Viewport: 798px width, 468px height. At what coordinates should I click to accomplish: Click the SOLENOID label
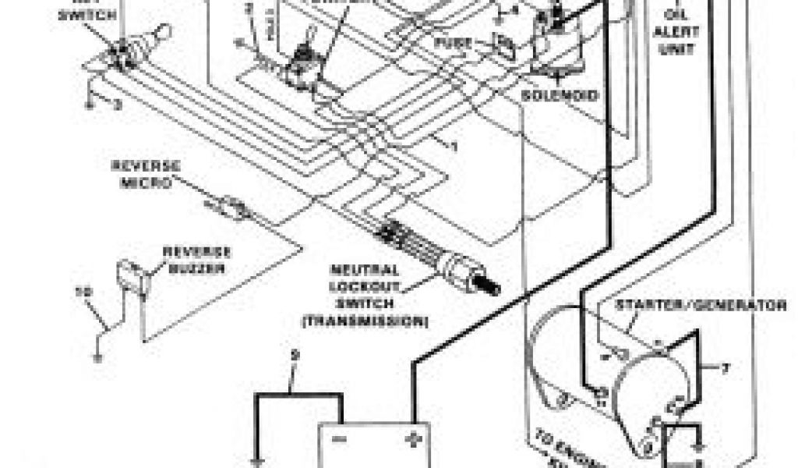click(560, 95)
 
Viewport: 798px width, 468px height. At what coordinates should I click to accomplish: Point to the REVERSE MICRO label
click(147, 173)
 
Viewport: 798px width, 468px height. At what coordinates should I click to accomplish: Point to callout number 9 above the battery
click(294, 356)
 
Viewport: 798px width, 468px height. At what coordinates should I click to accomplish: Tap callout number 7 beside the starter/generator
click(726, 367)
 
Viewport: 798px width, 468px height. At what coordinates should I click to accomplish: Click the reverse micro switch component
click(231, 207)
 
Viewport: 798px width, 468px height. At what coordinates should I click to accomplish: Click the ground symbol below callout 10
click(97, 357)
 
